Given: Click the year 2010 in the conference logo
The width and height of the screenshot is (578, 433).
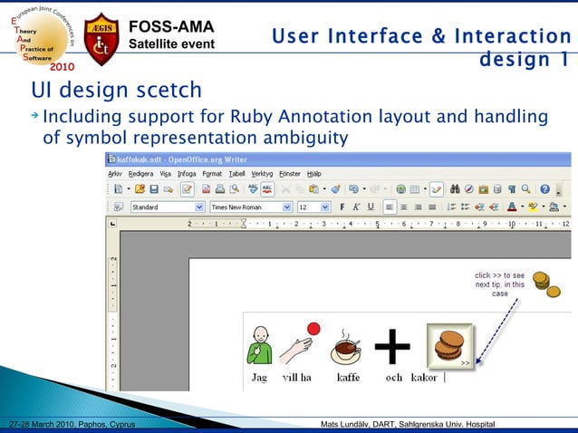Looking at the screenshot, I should point(63,66).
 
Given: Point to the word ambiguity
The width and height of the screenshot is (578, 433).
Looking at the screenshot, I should point(303,138).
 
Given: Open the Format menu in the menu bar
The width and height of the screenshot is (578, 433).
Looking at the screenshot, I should point(212,173).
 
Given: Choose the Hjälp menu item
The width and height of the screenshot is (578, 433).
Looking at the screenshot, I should point(313,173).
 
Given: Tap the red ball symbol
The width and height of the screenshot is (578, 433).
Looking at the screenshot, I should point(314,329).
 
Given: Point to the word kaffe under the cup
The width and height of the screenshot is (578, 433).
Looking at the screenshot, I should point(348,378).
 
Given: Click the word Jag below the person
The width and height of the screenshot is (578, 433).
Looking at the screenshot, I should point(259,378).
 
